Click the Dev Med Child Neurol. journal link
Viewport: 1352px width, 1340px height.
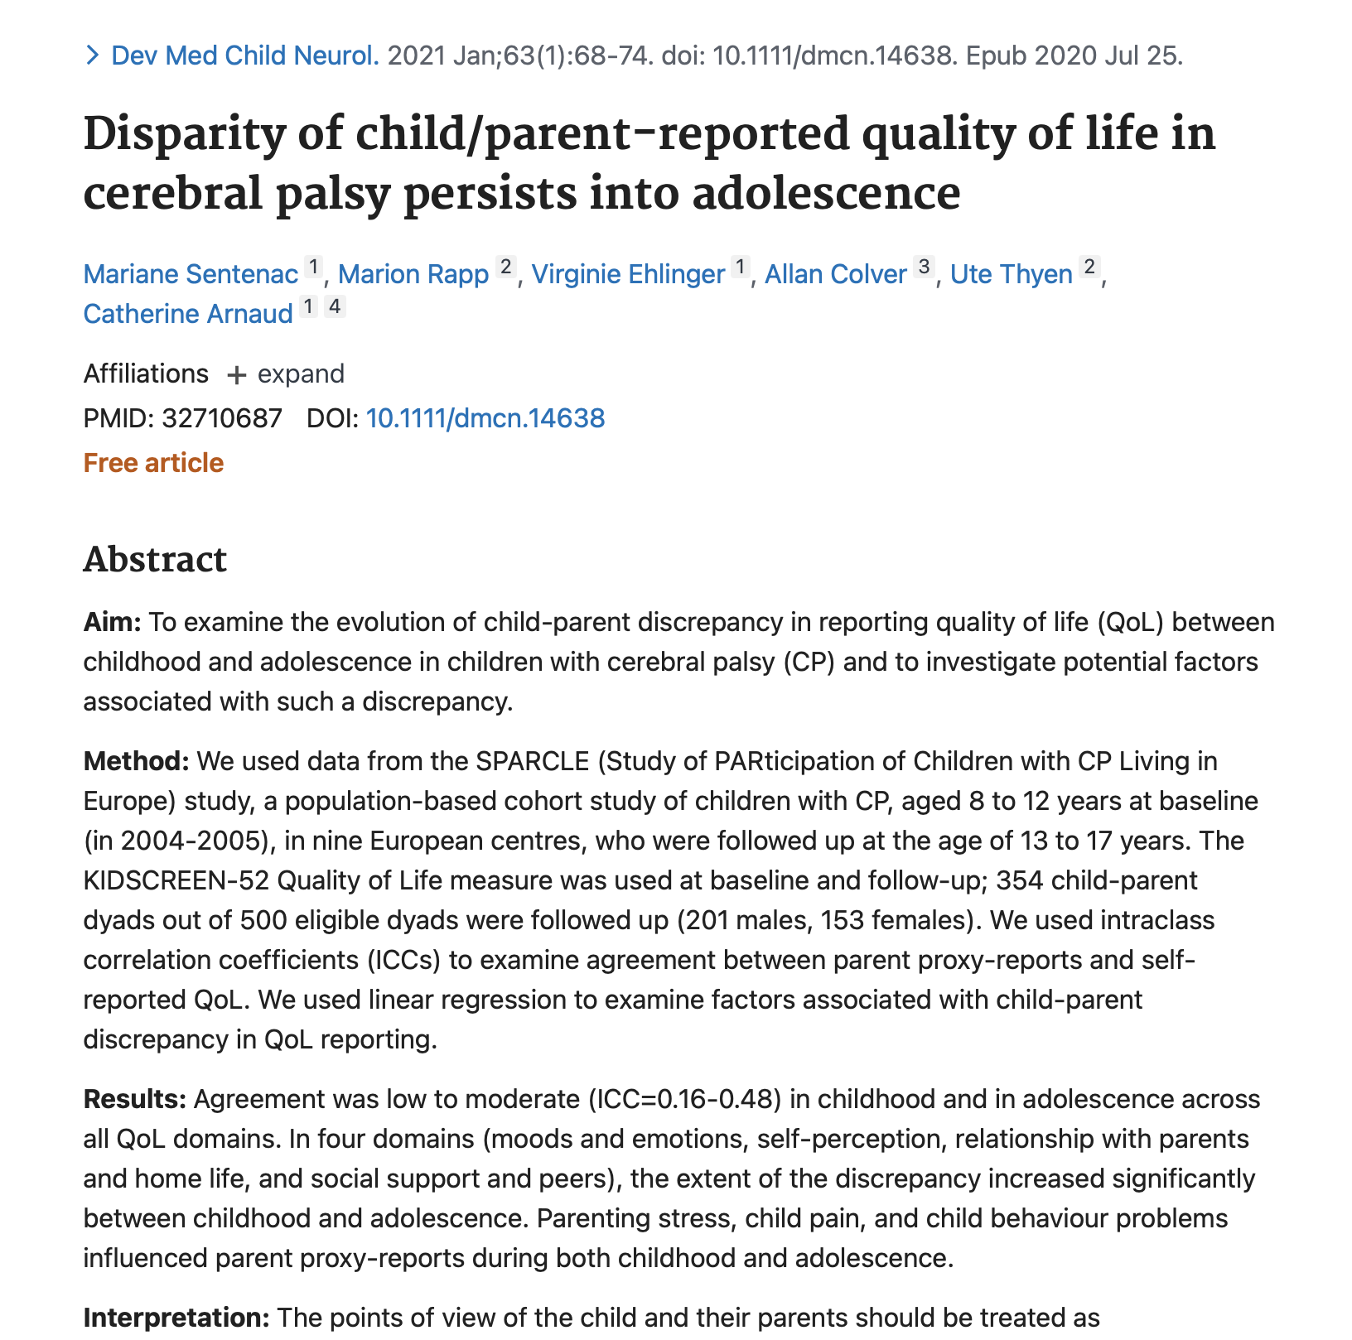245,55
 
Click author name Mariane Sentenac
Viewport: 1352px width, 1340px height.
191,274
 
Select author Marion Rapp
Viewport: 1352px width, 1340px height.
413,274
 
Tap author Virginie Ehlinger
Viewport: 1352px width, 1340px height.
628,274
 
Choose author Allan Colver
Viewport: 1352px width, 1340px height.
835,274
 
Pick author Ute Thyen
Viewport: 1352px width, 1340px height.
1012,274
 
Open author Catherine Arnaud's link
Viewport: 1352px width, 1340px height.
188,314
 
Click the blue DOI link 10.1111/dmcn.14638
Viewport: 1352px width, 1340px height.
485,418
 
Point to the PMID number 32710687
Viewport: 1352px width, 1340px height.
222,418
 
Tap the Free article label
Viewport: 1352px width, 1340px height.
153,462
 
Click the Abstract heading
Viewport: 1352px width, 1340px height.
155,560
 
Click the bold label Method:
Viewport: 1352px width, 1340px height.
138,761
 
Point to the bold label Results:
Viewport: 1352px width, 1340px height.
135,1099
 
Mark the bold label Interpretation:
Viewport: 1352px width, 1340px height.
176,1317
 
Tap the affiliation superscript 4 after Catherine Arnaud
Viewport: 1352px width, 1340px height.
334,307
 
